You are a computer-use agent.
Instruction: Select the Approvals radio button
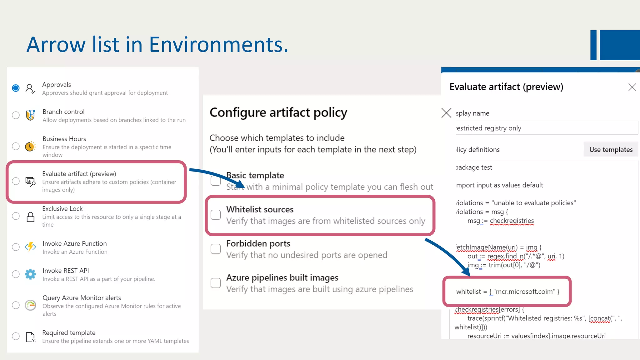[x=16, y=88]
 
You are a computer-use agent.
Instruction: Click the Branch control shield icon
[x=30, y=115]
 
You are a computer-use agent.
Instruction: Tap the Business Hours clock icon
[x=30, y=146]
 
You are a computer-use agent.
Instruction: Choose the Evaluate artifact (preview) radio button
[x=16, y=181]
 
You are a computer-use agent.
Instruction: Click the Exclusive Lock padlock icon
[x=30, y=217]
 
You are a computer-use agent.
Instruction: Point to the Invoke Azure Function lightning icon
[x=30, y=247]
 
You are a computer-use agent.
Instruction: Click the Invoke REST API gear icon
[x=30, y=274]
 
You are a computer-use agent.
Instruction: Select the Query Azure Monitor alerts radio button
[x=16, y=305]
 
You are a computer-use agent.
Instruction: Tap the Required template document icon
[x=30, y=337]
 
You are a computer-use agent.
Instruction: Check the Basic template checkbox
[x=216, y=181]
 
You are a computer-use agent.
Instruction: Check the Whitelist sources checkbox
[x=216, y=215]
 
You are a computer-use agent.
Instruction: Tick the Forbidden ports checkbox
[x=216, y=249]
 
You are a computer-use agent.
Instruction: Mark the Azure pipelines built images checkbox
[x=216, y=283]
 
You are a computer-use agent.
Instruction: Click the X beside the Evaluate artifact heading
[x=632, y=87]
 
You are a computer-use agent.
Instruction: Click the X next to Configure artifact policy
[x=446, y=113]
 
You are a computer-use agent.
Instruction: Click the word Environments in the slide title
[x=218, y=44]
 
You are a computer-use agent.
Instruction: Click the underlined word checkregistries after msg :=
[x=512, y=221]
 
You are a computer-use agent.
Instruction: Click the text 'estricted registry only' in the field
[x=489, y=128]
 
